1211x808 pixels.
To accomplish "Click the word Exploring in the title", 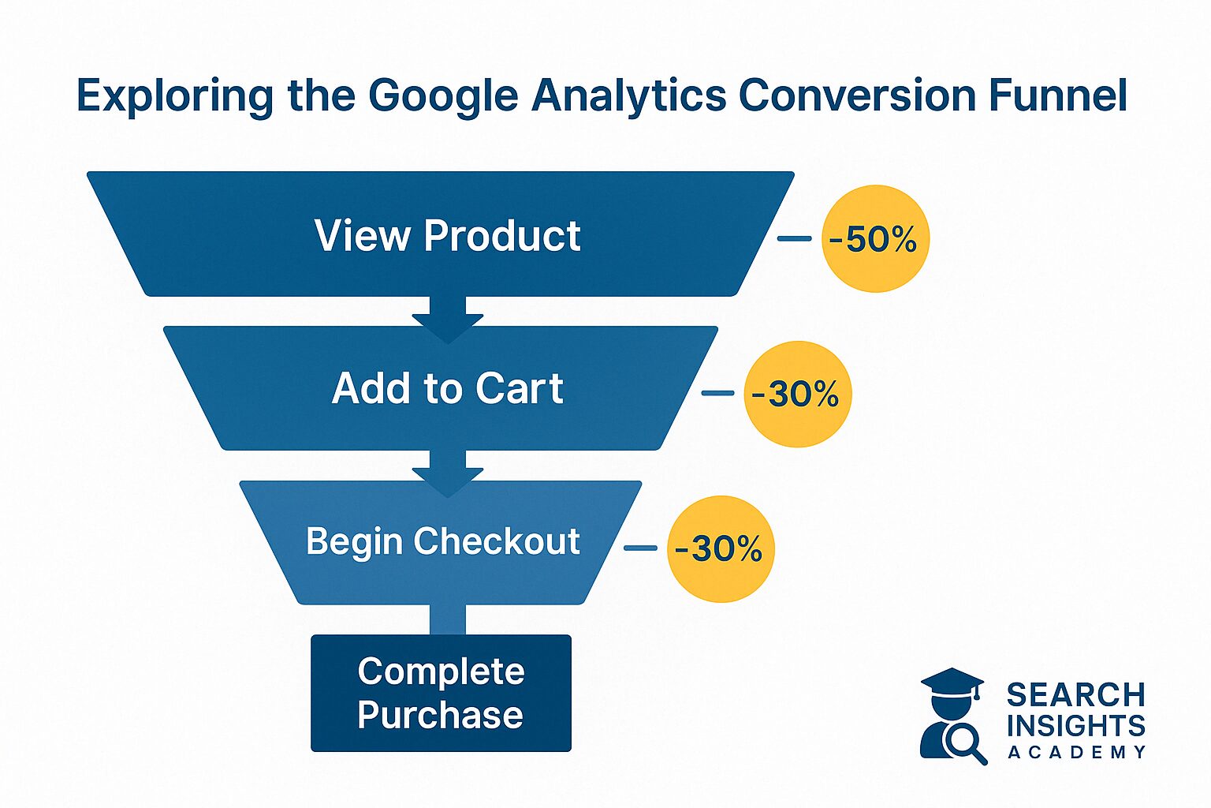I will pyautogui.click(x=174, y=96).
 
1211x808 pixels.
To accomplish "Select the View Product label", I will pyautogui.click(x=447, y=235).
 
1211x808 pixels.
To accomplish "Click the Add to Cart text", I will pyautogui.click(x=447, y=388).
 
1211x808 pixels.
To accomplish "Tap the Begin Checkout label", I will pyautogui.click(x=442, y=542).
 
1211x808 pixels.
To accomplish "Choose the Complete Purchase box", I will pyautogui.click(x=441, y=693).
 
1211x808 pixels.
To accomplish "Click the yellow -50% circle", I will pyautogui.click(x=875, y=238).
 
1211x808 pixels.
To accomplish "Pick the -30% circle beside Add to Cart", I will pyautogui.click(x=797, y=394).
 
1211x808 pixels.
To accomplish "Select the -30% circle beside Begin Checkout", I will pyautogui.click(x=721, y=548).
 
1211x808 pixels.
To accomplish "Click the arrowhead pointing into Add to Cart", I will pyautogui.click(x=447, y=327).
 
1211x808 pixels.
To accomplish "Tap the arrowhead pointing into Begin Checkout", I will pyautogui.click(x=447, y=481).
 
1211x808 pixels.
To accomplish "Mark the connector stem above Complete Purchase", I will pyautogui.click(x=447, y=619).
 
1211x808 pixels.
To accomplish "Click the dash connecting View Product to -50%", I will pyautogui.click(x=794, y=238).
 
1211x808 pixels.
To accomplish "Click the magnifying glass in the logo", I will pyautogui.click(x=963, y=742).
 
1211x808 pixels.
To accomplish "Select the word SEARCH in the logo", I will pyautogui.click(x=1075, y=695).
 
